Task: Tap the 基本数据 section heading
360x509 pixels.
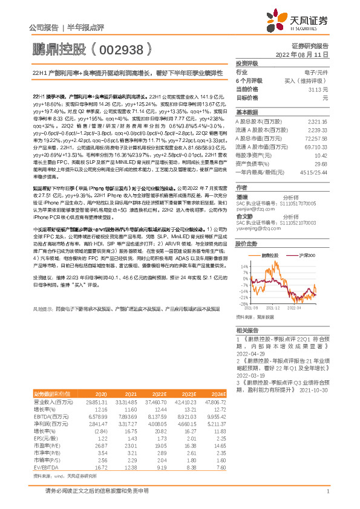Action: (247, 112)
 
